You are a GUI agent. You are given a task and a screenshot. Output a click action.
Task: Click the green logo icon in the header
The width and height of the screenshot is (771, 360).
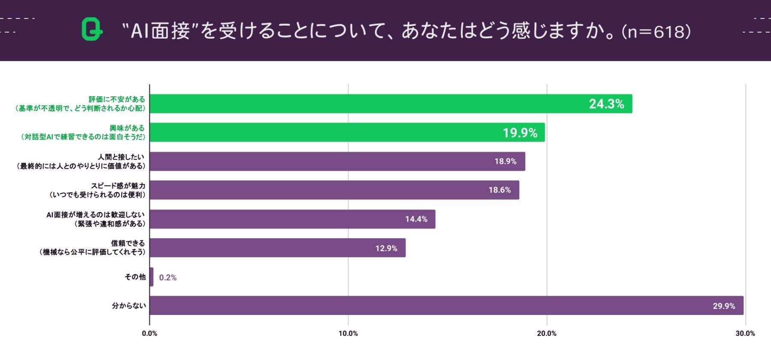(92, 30)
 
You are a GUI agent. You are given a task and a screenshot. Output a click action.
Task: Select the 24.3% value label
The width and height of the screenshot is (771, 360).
(606, 104)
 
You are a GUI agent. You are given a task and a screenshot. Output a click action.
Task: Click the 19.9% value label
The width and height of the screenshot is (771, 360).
(520, 133)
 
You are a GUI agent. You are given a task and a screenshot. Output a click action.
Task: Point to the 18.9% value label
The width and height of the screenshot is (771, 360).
(505, 162)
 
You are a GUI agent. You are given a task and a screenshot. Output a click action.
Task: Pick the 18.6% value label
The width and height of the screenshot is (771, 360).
(499, 190)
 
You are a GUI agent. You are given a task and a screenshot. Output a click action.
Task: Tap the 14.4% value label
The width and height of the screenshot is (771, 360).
(416, 219)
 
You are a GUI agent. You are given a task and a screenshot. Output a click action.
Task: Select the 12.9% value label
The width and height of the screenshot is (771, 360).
(386, 248)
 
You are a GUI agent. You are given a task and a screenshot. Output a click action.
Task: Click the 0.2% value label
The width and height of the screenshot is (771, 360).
(167, 277)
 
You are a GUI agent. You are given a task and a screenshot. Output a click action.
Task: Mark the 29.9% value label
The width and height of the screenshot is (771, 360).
(723, 306)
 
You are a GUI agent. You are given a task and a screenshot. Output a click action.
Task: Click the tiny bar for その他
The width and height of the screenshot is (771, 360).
(152, 277)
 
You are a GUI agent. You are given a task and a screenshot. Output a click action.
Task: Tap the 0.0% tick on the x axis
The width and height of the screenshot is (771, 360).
(149, 333)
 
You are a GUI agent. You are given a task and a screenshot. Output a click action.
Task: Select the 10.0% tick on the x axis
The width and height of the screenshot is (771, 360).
(348, 333)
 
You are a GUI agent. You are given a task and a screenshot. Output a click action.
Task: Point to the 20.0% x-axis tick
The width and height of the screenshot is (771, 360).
(547, 333)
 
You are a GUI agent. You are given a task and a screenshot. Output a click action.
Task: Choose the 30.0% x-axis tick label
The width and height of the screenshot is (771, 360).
(745, 333)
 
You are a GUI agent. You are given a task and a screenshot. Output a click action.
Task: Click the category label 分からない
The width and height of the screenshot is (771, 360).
(129, 306)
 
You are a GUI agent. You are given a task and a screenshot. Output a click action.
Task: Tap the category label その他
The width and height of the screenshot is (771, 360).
(135, 277)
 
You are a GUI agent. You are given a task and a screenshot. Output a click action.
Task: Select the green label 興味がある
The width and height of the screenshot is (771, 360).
(127, 128)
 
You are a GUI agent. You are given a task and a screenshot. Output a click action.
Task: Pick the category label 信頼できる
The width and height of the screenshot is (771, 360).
(128, 243)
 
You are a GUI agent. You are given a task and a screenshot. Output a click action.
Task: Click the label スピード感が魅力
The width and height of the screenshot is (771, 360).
(118, 186)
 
